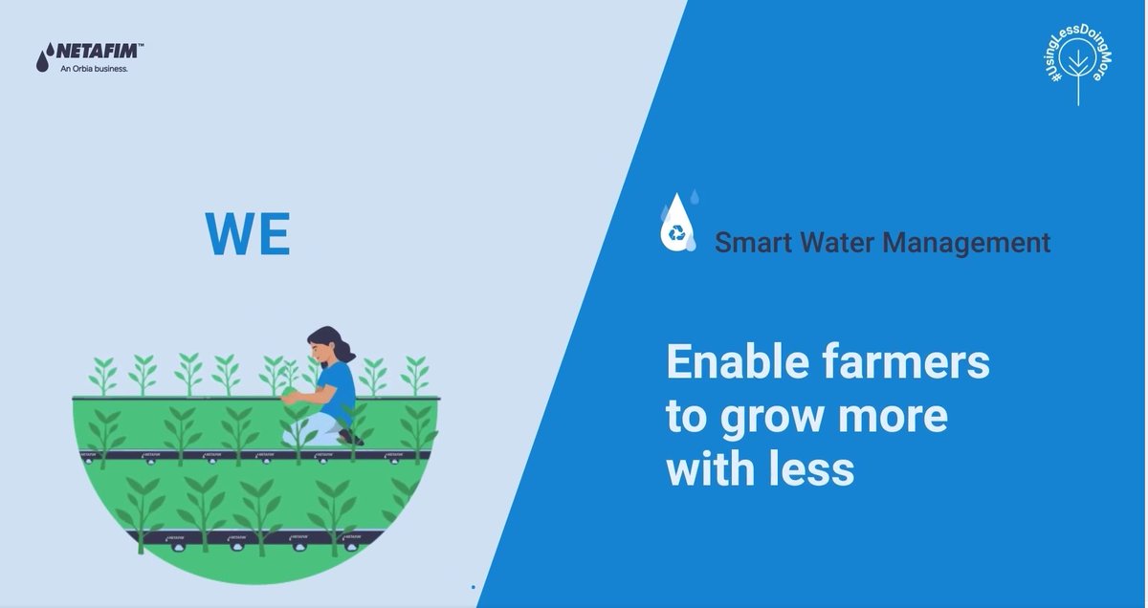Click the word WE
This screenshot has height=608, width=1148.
point(247,234)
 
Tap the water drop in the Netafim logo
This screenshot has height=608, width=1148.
point(42,60)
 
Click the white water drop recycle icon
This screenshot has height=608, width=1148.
point(677,226)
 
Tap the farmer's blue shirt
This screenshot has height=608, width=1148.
point(339,387)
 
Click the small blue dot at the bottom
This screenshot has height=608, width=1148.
point(473,586)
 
